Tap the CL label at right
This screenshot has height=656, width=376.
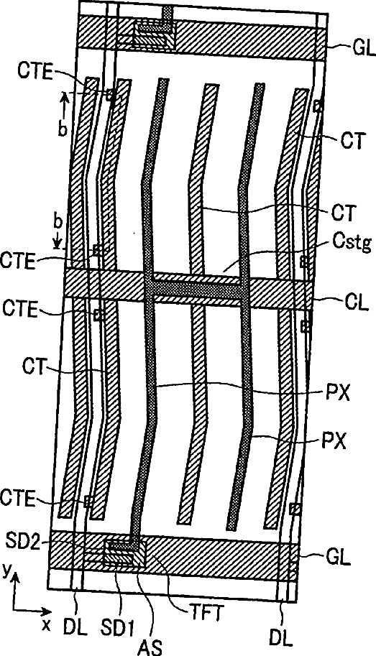coord(358,303)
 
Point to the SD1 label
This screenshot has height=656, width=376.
coord(121,627)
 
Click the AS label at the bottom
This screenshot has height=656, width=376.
coord(153,647)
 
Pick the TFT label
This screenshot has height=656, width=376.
coord(204,614)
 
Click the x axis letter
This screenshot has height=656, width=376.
coord(47,625)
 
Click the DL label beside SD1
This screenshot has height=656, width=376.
coord(76,627)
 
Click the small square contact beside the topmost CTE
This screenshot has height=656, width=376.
coord(111,96)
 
